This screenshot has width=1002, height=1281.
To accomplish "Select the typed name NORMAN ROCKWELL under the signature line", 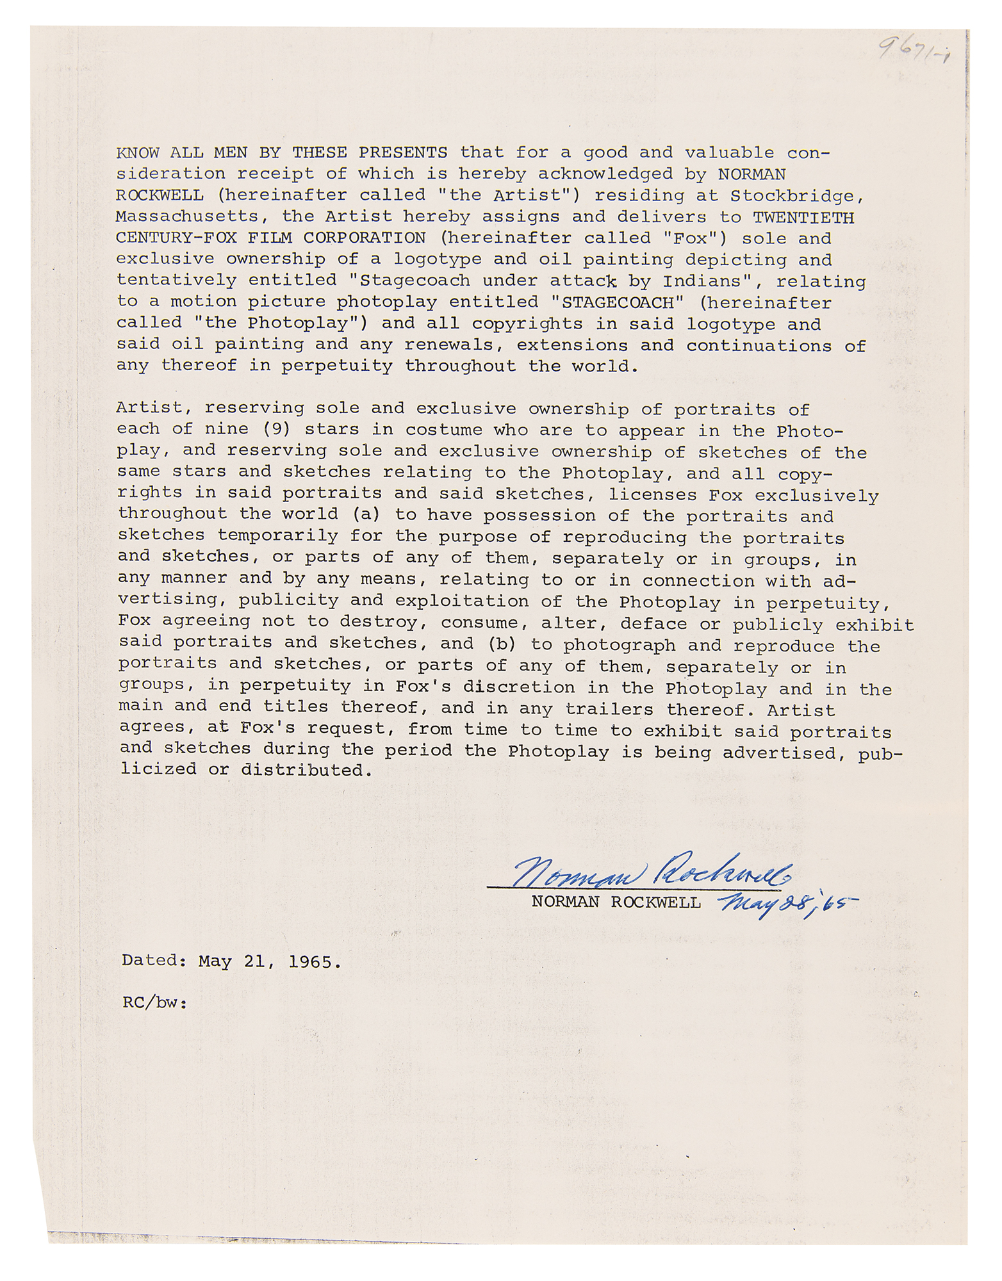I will (616, 902).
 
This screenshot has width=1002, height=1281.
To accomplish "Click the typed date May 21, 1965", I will (270, 961).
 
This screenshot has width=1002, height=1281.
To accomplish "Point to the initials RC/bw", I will (154, 1003).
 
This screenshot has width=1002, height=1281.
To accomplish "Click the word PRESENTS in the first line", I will (402, 152).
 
